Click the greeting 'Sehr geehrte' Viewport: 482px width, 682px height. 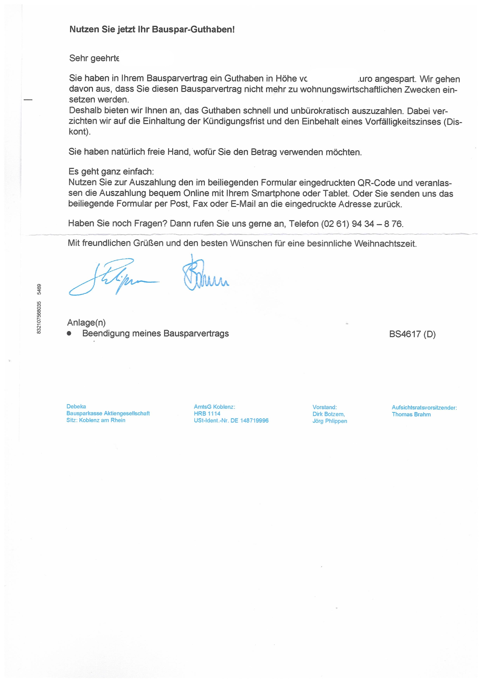94,58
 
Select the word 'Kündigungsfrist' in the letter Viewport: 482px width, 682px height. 233,122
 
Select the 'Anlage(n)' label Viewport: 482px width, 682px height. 86,323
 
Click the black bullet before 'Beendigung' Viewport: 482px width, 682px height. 69,333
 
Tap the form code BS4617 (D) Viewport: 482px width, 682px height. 412,334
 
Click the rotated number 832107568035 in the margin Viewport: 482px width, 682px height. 39,318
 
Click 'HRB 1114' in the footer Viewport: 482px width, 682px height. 207,413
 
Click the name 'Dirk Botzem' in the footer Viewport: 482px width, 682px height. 329,414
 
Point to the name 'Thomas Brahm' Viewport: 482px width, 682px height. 411,414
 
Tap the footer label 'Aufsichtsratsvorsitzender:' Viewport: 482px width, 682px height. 424,408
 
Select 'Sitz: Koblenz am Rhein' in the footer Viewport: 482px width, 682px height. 96,420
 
